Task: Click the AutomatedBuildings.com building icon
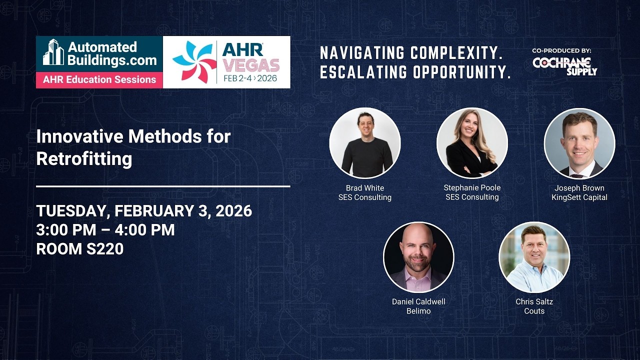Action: pos(53,52)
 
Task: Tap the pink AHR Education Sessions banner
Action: pos(99,79)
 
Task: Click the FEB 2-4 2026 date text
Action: pos(250,78)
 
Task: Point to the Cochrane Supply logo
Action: pos(564,66)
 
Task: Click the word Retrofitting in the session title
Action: pos(84,158)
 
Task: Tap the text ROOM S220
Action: pos(80,248)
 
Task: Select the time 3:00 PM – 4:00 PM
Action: pos(105,230)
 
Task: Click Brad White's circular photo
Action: pos(365,143)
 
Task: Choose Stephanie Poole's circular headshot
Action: pos(472,143)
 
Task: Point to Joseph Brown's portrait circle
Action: pos(579,143)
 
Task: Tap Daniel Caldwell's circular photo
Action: pos(418,257)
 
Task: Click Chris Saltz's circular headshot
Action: pos(534,257)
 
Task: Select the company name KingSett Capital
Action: pos(579,197)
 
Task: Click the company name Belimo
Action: pos(418,311)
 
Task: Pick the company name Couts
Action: pos(534,311)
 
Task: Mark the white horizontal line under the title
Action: pos(163,186)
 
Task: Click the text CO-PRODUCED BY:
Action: pos(561,50)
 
